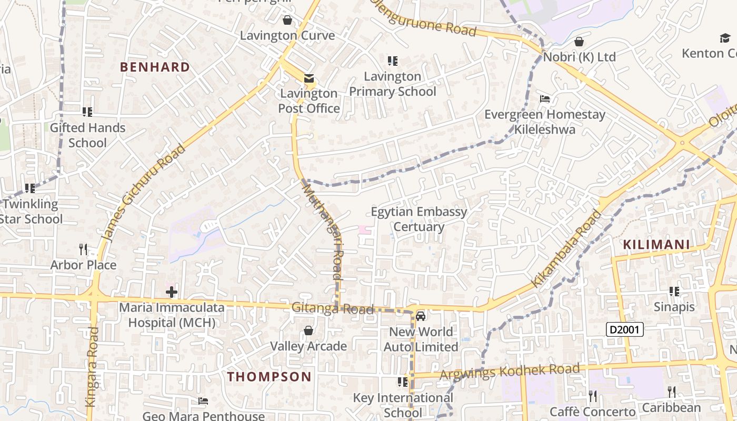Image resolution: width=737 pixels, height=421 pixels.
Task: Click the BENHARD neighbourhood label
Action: (155, 67)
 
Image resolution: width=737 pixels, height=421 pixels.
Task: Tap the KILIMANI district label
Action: (656, 245)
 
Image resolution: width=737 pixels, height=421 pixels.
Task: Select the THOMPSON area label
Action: (270, 377)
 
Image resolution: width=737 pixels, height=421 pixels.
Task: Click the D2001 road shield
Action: (625, 330)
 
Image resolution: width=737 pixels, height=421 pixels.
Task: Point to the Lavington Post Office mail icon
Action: (309, 78)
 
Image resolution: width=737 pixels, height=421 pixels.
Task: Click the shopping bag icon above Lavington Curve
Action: (287, 20)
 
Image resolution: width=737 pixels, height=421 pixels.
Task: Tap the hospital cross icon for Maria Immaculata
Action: (171, 292)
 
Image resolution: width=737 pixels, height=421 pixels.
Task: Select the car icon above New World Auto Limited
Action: (420, 316)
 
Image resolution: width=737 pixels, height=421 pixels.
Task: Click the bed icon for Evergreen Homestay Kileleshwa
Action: (545, 99)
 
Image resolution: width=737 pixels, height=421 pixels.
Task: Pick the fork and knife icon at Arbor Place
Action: (83, 249)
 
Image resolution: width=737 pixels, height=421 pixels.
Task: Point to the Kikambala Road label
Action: (566, 248)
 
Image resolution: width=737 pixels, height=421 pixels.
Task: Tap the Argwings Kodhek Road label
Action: (509, 372)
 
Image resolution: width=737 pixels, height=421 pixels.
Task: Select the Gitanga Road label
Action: (333, 308)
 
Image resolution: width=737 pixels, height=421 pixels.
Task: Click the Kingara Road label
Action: (92, 366)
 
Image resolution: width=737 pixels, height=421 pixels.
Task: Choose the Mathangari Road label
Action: (322, 229)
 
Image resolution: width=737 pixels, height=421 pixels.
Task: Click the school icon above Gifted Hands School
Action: (87, 112)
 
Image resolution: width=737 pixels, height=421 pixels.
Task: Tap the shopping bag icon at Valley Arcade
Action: (308, 330)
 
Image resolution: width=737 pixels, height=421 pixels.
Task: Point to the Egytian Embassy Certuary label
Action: (419, 219)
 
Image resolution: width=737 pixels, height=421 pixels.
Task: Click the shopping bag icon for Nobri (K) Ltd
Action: (579, 41)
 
